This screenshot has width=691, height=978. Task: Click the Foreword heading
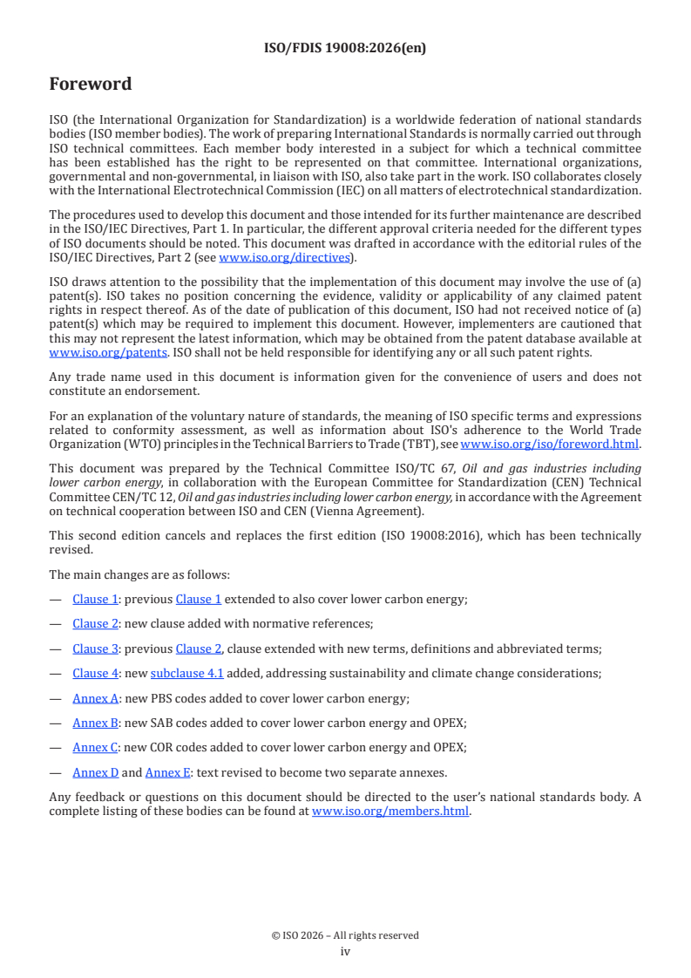(x=91, y=85)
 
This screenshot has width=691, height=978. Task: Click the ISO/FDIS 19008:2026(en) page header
(x=345, y=49)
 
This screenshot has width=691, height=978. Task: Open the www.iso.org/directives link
(x=283, y=257)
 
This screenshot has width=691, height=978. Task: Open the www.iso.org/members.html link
(x=390, y=812)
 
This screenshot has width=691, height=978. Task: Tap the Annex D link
(x=95, y=771)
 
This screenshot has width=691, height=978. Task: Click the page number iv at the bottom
(x=345, y=952)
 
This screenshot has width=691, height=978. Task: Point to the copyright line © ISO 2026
(x=345, y=935)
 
